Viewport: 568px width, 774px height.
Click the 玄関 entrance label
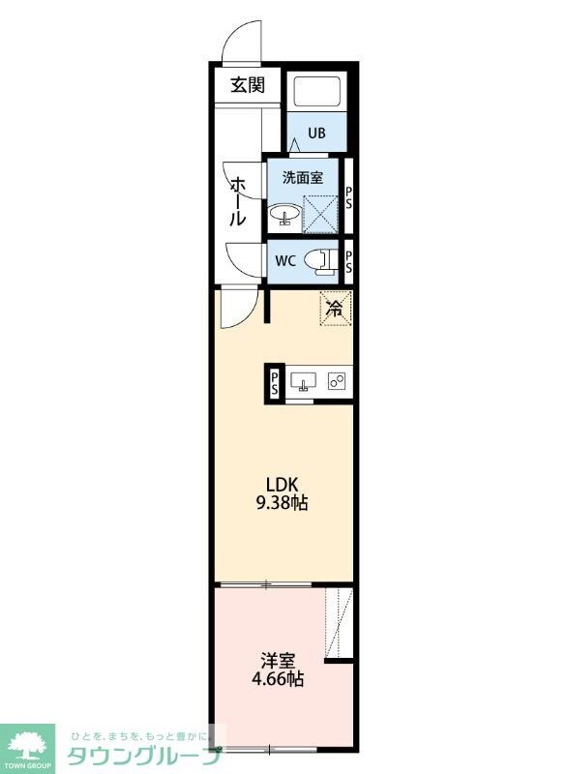[248, 85]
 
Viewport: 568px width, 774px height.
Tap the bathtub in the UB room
[317, 91]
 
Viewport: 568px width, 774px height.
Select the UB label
[316, 133]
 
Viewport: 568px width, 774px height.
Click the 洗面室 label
[303, 178]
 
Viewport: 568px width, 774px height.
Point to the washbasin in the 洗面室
[284, 215]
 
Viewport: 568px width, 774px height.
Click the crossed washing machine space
[319, 213]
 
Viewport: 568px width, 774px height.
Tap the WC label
[285, 260]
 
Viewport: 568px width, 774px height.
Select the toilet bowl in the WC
[319, 261]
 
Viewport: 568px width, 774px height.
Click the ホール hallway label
[238, 201]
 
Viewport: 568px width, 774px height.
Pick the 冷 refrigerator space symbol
[336, 309]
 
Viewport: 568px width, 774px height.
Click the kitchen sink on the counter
[303, 381]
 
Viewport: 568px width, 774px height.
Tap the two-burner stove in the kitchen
[337, 381]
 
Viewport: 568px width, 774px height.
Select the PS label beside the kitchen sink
[275, 383]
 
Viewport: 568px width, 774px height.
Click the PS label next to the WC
[348, 262]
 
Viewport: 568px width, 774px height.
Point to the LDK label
[282, 483]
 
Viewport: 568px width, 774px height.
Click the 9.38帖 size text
[282, 503]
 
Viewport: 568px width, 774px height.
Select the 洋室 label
[278, 660]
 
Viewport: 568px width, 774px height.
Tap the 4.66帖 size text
[278, 680]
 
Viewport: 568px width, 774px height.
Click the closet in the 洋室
[339, 623]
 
